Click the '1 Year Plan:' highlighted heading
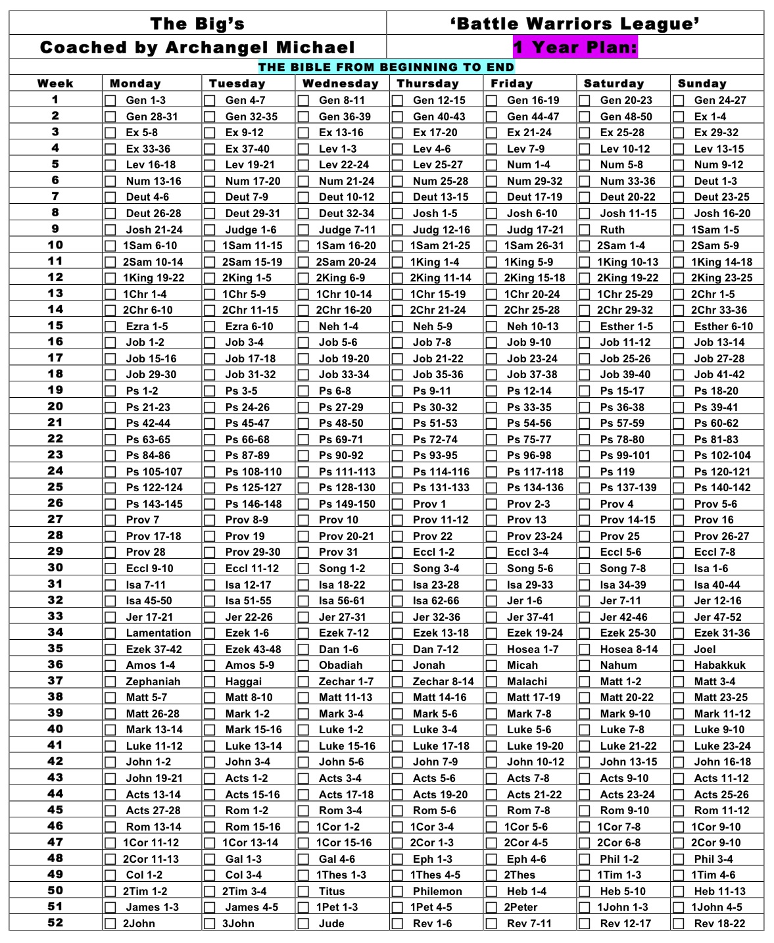click(575, 47)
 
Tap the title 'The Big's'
click(197, 24)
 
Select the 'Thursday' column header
click(428, 84)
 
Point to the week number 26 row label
click(55, 503)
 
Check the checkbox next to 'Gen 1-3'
click(110, 101)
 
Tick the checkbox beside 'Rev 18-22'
click(679, 923)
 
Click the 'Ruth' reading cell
click(612, 230)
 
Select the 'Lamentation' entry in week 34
click(158, 633)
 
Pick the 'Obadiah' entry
click(341, 665)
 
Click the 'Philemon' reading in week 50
click(437, 891)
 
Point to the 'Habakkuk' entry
click(720, 665)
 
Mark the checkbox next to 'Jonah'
click(397, 665)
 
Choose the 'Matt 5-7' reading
click(147, 697)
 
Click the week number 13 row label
click(55, 293)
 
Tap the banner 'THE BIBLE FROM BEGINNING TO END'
click(386, 67)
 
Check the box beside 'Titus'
click(303, 892)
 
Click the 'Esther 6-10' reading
click(723, 326)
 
